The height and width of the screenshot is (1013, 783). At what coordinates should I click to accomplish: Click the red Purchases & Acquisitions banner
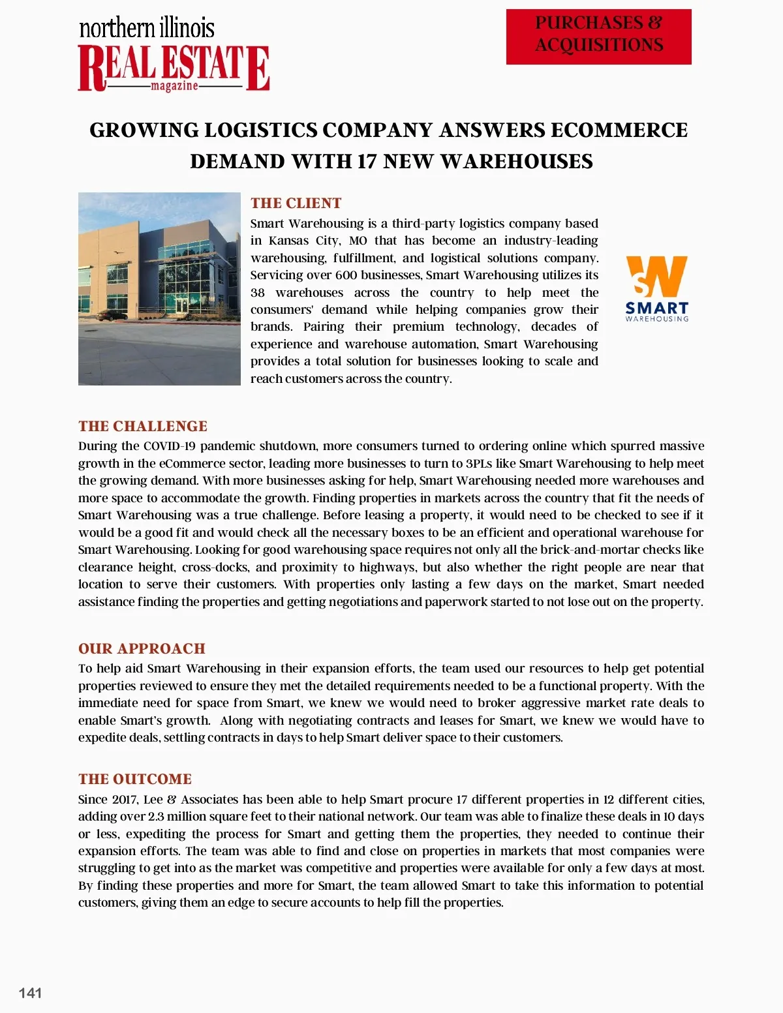tap(598, 37)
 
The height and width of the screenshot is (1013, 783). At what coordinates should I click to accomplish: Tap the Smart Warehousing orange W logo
tap(656, 277)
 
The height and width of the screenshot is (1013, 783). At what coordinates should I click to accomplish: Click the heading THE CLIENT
tap(296, 203)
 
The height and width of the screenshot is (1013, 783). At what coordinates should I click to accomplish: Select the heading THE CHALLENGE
tap(143, 426)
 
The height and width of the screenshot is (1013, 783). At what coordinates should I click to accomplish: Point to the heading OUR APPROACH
tap(142, 648)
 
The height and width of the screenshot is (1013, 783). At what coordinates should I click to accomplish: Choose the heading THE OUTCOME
tap(135, 779)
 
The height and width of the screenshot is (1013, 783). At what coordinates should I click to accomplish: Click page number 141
tap(31, 993)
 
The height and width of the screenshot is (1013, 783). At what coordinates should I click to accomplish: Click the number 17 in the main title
tap(366, 161)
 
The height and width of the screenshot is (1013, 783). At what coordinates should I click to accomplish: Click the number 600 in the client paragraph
tap(345, 275)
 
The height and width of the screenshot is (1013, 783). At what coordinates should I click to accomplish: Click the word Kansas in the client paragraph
tap(288, 241)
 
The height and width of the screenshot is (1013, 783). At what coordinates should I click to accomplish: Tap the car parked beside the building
tap(115, 316)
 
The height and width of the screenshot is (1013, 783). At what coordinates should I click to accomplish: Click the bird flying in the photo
tap(117, 252)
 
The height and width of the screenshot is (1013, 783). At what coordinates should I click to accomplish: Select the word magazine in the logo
tap(174, 86)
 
